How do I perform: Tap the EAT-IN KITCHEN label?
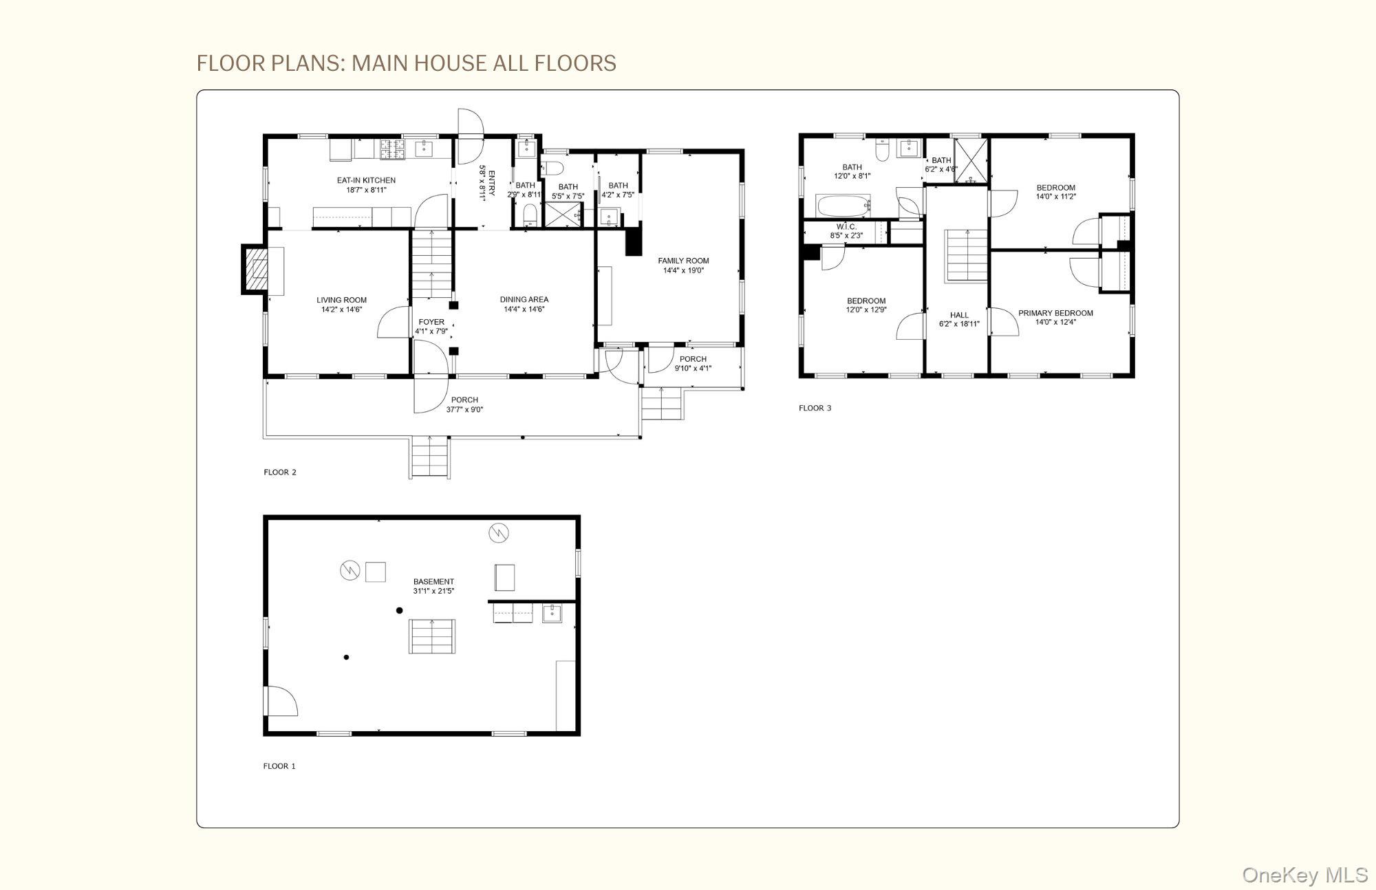click(366, 180)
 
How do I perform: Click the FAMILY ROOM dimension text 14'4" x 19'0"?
click(683, 271)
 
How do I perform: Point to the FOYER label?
click(431, 322)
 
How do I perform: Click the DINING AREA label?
click(524, 299)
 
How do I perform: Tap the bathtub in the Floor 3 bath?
click(843, 206)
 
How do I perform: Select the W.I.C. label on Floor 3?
click(846, 226)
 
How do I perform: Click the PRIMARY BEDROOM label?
click(1055, 313)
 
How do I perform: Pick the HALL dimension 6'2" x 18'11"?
click(959, 324)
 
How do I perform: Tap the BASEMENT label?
click(433, 582)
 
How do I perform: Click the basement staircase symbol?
click(432, 636)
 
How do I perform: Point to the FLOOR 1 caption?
click(279, 766)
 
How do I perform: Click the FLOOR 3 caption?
click(815, 409)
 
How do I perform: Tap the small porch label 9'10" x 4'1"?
click(693, 369)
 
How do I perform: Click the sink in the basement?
click(552, 613)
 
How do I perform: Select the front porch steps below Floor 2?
click(430, 457)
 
